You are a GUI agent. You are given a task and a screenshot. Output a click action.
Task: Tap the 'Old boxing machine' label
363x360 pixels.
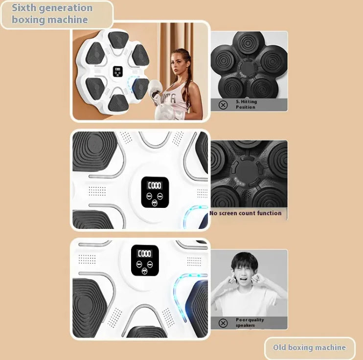coord(309,347)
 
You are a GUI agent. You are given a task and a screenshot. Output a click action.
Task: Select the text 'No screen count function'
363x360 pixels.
coord(246,213)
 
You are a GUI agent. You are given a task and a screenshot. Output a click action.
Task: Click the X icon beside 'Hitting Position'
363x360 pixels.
coord(223,105)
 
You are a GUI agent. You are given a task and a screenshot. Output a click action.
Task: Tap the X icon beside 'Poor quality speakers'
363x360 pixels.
coord(223,323)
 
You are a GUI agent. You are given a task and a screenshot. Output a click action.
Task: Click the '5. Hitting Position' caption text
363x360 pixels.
coord(247,104)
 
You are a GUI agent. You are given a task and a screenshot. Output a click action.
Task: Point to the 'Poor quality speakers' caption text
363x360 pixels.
coord(250,322)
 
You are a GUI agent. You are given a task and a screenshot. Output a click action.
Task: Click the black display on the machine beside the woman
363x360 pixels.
coord(117,71)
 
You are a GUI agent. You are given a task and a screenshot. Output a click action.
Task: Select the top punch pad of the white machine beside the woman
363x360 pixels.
coord(118,39)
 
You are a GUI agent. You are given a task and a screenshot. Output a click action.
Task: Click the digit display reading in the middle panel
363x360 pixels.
coord(155,185)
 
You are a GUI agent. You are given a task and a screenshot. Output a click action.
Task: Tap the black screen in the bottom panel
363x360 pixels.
coord(145,260)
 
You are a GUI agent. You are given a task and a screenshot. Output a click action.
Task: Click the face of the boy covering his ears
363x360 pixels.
coord(244,272)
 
